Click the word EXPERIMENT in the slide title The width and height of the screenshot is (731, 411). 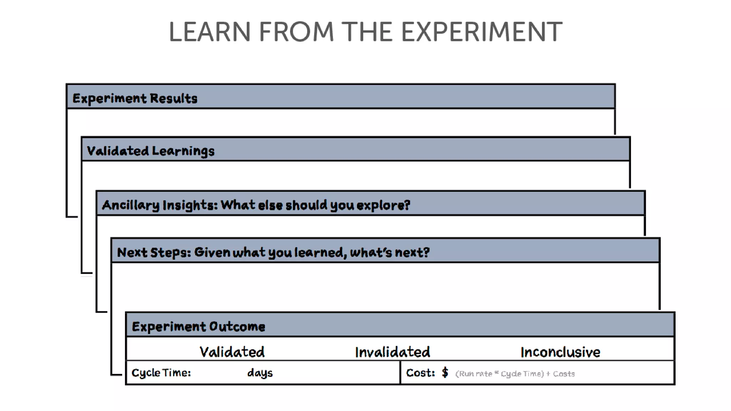[x=482, y=32]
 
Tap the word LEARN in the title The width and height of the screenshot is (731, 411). [x=210, y=32]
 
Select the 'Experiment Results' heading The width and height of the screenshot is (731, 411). [x=135, y=98]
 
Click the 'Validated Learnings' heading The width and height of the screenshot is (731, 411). [x=151, y=151]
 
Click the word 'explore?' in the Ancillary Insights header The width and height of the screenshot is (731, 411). [x=383, y=205]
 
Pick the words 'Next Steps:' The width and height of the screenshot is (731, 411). [x=154, y=253]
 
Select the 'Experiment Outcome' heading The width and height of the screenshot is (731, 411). [x=198, y=326]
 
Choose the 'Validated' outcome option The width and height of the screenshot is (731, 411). [x=232, y=352]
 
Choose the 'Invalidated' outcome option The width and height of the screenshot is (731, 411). [x=392, y=352]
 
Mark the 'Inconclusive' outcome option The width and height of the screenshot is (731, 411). [x=560, y=352]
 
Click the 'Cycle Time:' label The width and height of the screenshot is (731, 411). [x=161, y=373]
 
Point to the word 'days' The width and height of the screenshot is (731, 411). [x=260, y=373]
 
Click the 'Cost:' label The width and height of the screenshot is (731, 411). [x=420, y=373]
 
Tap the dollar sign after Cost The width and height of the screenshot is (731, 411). [x=445, y=373]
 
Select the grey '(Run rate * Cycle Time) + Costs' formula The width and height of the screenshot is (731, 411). [x=515, y=374]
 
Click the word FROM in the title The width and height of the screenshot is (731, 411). [x=296, y=32]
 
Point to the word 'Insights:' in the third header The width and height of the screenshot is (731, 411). [x=190, y=205]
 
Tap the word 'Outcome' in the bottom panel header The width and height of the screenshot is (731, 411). [x=237, y=326]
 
